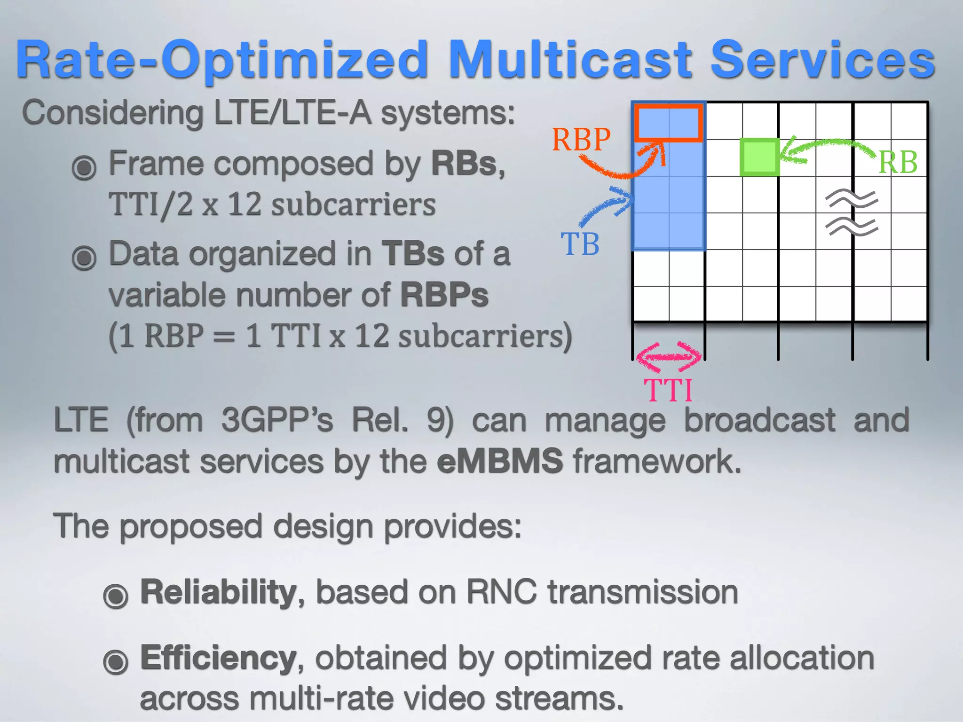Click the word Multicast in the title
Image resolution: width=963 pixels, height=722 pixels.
coord(570,60)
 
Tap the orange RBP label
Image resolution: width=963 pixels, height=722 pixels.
coord(581,140)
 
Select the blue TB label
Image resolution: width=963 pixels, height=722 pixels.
coord(580,244)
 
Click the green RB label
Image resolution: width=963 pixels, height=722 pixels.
coord(898,163)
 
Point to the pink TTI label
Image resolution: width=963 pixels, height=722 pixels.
coord(668,390)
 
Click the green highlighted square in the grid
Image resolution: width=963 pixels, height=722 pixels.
coord(759,157)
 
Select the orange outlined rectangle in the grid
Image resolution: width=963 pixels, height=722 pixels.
coord(668,123)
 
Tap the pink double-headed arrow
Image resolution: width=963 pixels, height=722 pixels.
coord(668,357)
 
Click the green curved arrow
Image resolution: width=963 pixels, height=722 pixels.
coord(828,146)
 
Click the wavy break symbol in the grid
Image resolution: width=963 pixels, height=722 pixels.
coord(852,213)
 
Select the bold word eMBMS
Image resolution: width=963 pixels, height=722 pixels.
coord(499,461)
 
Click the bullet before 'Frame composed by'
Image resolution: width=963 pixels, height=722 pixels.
coord(84,167)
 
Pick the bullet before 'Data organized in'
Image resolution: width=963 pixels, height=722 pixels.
coord(84,257)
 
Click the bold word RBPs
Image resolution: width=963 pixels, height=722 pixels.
coord(444,295)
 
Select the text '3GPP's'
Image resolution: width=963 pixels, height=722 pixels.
coord(277,420)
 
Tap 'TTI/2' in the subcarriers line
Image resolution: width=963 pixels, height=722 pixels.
coord(150,205)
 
